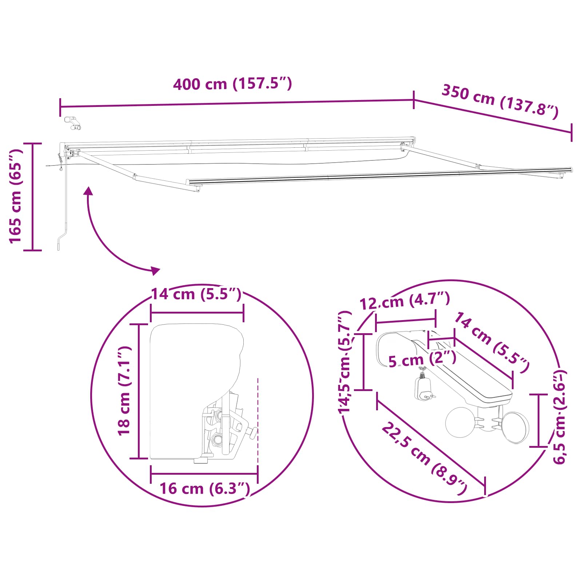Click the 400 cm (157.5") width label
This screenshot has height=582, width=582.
tap(232, 84)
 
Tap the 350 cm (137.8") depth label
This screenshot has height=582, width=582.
tap(500, 101)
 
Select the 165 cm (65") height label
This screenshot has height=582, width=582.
tap(16, 196)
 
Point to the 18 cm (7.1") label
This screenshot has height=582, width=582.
tap(124, 391)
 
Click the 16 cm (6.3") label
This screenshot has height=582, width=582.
tap(205, 489)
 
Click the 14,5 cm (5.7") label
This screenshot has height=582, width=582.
tap(345, 362)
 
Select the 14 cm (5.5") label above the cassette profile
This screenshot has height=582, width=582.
tap(196, 294)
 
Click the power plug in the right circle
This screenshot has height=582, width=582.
tap(423, 389)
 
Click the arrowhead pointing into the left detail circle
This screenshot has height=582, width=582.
tap(156, 270)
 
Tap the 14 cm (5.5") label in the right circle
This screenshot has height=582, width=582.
tap(491, 342)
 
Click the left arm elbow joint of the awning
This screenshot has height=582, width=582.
tap(135, 177)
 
